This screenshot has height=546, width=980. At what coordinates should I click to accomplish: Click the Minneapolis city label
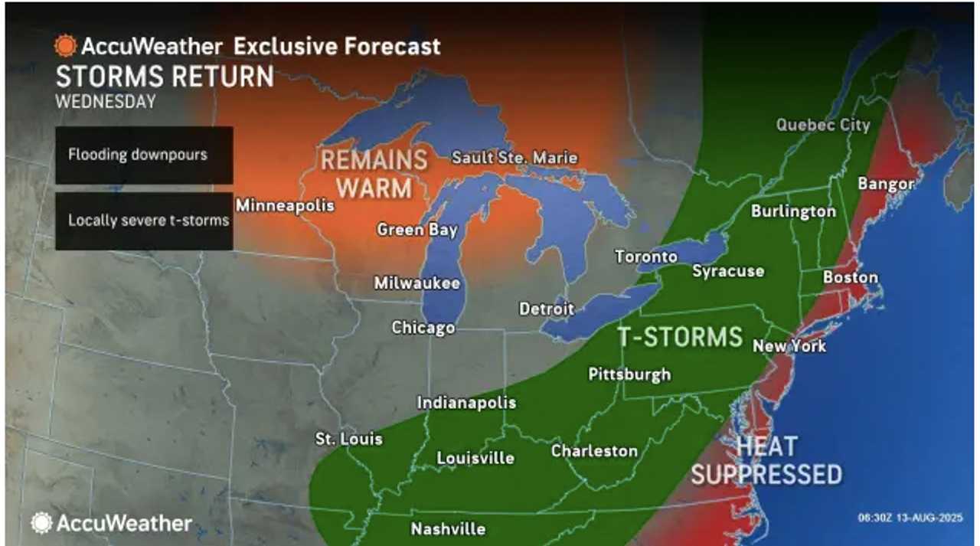[285, 206]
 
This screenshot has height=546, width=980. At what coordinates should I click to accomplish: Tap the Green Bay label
[417, 230]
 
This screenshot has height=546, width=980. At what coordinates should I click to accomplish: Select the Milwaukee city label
[416, 283]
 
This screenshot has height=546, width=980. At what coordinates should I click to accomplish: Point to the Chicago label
[423, 328]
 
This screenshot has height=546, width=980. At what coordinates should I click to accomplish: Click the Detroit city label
[547, 309]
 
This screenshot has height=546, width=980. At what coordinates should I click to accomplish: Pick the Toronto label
[646, 257]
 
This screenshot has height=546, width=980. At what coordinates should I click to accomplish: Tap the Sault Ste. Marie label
[514, 158]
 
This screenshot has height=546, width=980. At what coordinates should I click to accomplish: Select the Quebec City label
[823, 125]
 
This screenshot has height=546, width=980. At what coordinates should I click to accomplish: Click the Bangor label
[886, 184]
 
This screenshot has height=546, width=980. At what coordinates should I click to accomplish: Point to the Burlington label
[793, 211]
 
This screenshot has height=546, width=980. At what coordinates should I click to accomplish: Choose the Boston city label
[850, 277]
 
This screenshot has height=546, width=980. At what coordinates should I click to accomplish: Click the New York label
[789, 346]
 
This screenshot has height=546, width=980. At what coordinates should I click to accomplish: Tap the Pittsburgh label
[629, 374]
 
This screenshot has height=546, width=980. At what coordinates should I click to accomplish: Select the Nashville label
[448, 529]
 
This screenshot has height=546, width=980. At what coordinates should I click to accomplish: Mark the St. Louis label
[349, 440]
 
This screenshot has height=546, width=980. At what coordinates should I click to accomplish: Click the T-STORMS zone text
[681, 337]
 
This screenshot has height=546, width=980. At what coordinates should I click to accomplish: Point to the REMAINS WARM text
[374, 174]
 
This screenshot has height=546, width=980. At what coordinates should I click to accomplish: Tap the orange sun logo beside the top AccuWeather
[65, 47]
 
